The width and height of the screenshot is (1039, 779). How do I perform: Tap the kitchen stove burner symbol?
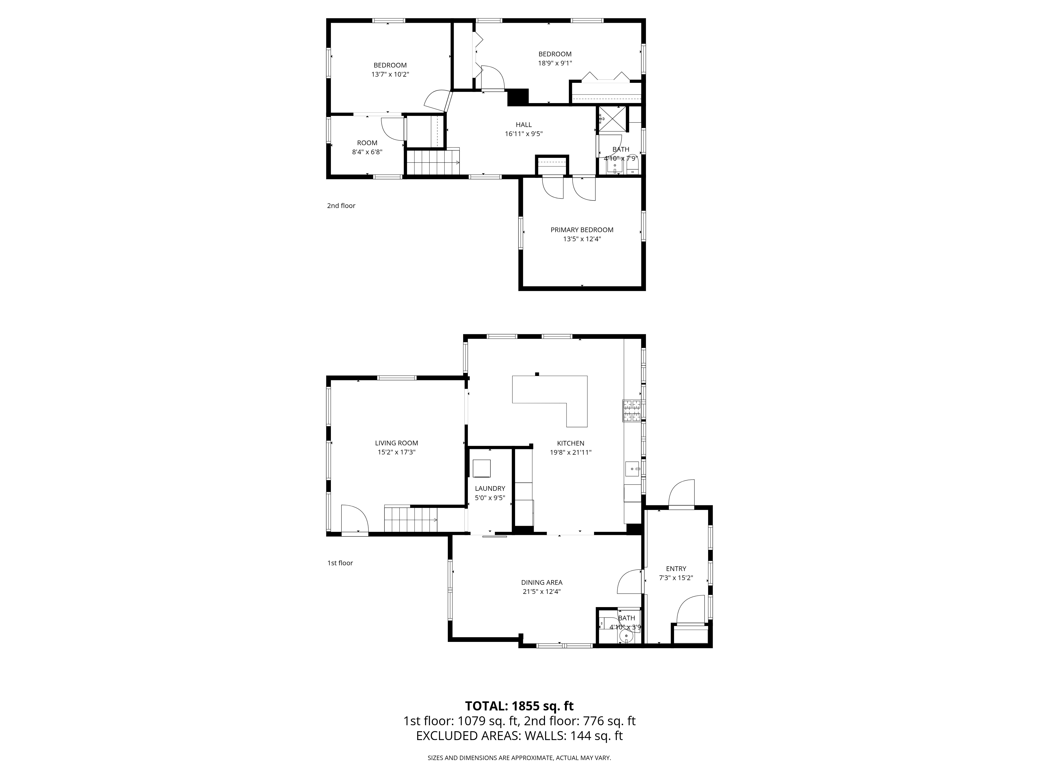[632, 411]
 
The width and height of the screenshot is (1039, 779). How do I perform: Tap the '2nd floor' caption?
[341, 206]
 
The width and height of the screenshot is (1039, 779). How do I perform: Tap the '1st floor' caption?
[339, 563]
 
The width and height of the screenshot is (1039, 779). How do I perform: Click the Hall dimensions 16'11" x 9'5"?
[524, 134]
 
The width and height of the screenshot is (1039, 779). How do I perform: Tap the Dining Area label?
[542, 582]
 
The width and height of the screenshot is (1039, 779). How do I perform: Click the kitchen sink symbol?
[632, 469]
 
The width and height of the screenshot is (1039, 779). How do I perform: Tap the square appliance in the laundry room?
[482, 469]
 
